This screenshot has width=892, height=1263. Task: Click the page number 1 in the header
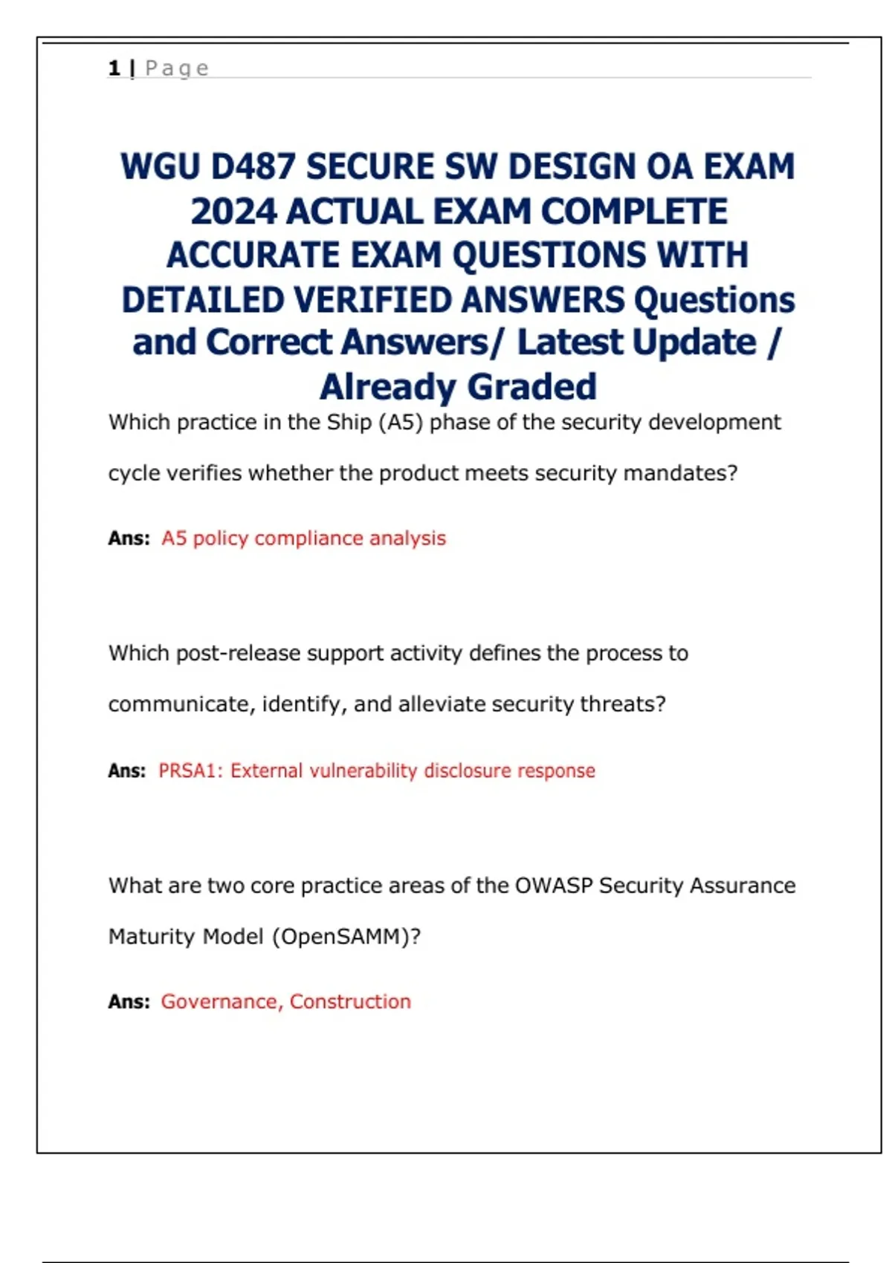[x=114, y=68]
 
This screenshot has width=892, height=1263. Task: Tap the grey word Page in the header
[x=177, y=69]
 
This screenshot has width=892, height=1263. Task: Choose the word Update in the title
[x=694, y=342]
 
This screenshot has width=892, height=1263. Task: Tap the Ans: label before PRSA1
[x=127, y=770]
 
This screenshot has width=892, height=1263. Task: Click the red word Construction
[x=350, y=1001]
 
